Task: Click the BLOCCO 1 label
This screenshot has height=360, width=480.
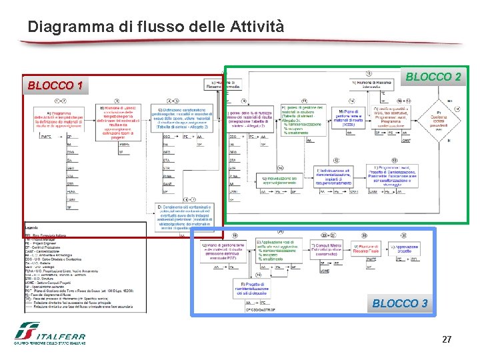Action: point(55,86)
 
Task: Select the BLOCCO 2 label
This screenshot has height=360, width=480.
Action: point(433,77)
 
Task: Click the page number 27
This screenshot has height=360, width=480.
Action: point(447,340)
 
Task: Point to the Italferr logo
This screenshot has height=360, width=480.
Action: point(49,334)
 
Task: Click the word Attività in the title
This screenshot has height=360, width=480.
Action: point(257,27)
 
